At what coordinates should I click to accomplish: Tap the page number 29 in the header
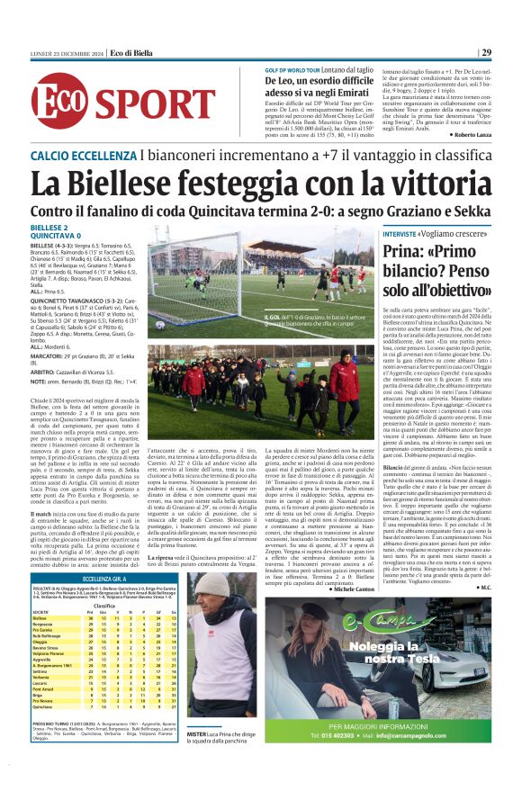tap(510, 52)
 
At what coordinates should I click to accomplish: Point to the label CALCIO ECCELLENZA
tap(83, 156)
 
